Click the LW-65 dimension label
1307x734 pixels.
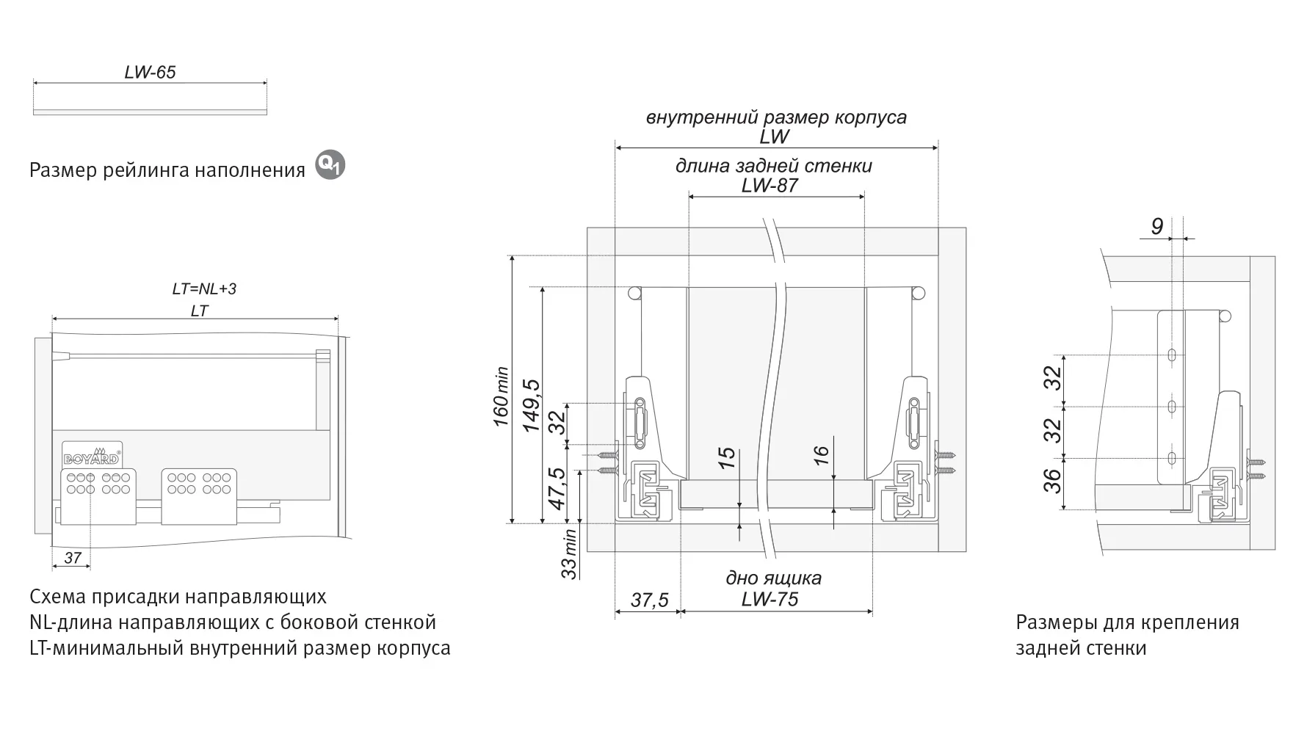pos(150,72)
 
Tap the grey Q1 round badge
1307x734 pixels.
pos(330,166)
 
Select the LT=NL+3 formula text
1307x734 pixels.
pos(204,288)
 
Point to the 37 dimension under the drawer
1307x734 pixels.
pos(72,558)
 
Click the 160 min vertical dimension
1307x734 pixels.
pos(501,396)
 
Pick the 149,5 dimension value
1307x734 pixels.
pos(531,405)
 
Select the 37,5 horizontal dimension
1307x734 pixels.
pos(650,600)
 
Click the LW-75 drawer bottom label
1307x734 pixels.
pos(770,599)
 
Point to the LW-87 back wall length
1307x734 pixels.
pos(770,185)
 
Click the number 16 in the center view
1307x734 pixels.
pos(822,454)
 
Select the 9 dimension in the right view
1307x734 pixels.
pos(1156,227)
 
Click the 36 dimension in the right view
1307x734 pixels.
pos(1054,480)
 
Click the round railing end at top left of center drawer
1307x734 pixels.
pos(634,293)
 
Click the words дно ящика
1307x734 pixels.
pos(773,578)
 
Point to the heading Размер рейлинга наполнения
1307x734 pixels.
pos(167,170)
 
